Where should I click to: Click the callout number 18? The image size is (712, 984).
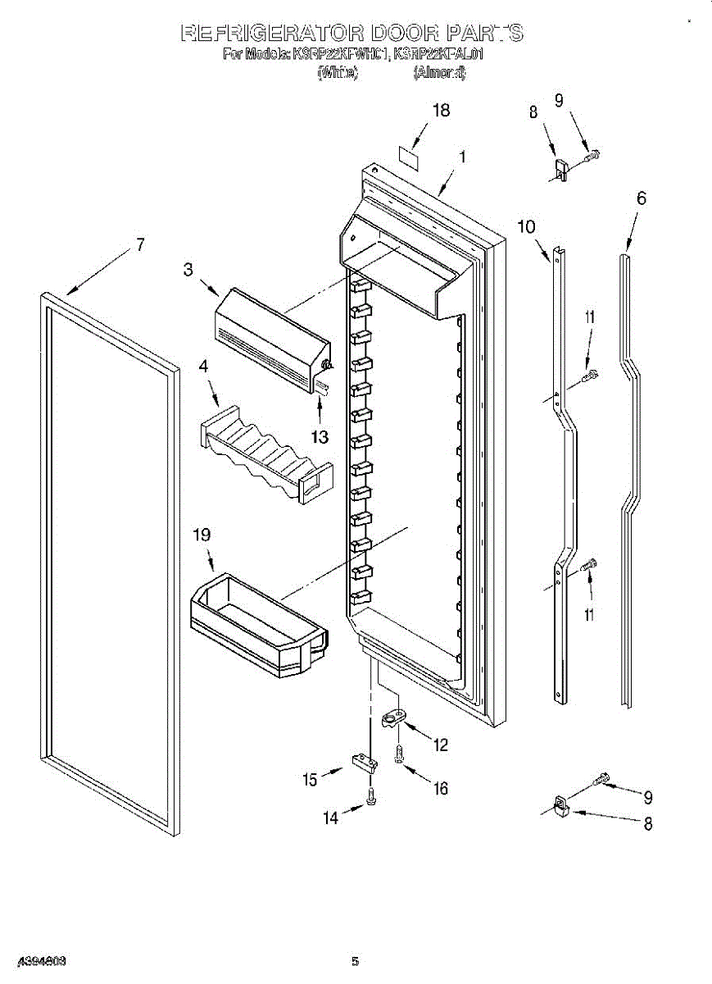[x=441, y=111]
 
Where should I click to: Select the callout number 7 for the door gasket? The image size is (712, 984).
[x=140, y=244]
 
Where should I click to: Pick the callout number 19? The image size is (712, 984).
[x=202, y=535]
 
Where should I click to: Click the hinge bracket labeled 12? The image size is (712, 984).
[x=395, y=719]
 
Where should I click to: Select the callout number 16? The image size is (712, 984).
[x=441, y=788]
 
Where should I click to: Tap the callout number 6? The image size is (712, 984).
[x=641, y=198]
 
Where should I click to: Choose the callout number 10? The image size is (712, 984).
[x=526, y=227]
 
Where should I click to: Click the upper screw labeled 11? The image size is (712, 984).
[x=589, y=376]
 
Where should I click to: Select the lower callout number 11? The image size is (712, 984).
[x=589, y=614]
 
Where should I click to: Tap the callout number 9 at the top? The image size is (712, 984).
[x=559, y=101]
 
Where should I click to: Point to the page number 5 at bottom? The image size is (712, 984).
[x=355, y=962]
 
